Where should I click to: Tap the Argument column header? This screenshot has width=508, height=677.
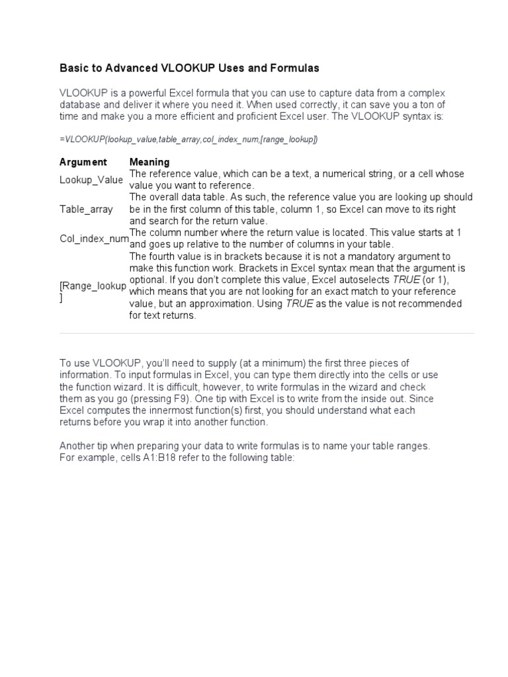83,162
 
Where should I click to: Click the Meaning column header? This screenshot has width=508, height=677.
149,162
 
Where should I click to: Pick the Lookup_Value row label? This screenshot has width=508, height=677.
91,179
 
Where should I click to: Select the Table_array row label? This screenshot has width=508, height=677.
86,209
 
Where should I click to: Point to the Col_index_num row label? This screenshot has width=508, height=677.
93,239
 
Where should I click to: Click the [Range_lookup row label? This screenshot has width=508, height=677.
93,285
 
